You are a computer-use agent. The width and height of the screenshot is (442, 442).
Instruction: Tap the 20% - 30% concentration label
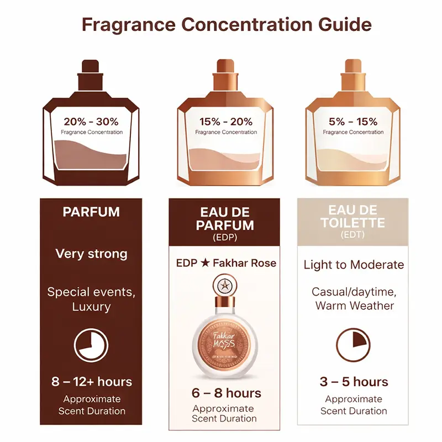[x=91, y=122]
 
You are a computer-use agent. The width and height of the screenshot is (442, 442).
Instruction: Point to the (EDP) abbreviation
[x=225, y=238]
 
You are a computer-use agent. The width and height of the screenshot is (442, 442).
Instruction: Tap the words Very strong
[x=92, y=254]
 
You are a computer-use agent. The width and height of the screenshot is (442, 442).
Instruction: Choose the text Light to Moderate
[x=354, y=265]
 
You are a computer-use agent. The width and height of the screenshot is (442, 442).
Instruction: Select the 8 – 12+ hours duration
[x=92, y=382]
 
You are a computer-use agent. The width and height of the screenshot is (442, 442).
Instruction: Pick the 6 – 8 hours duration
[x=225, y=393]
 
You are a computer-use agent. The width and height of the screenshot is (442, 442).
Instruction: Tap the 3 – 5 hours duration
[x=354, y=382]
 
